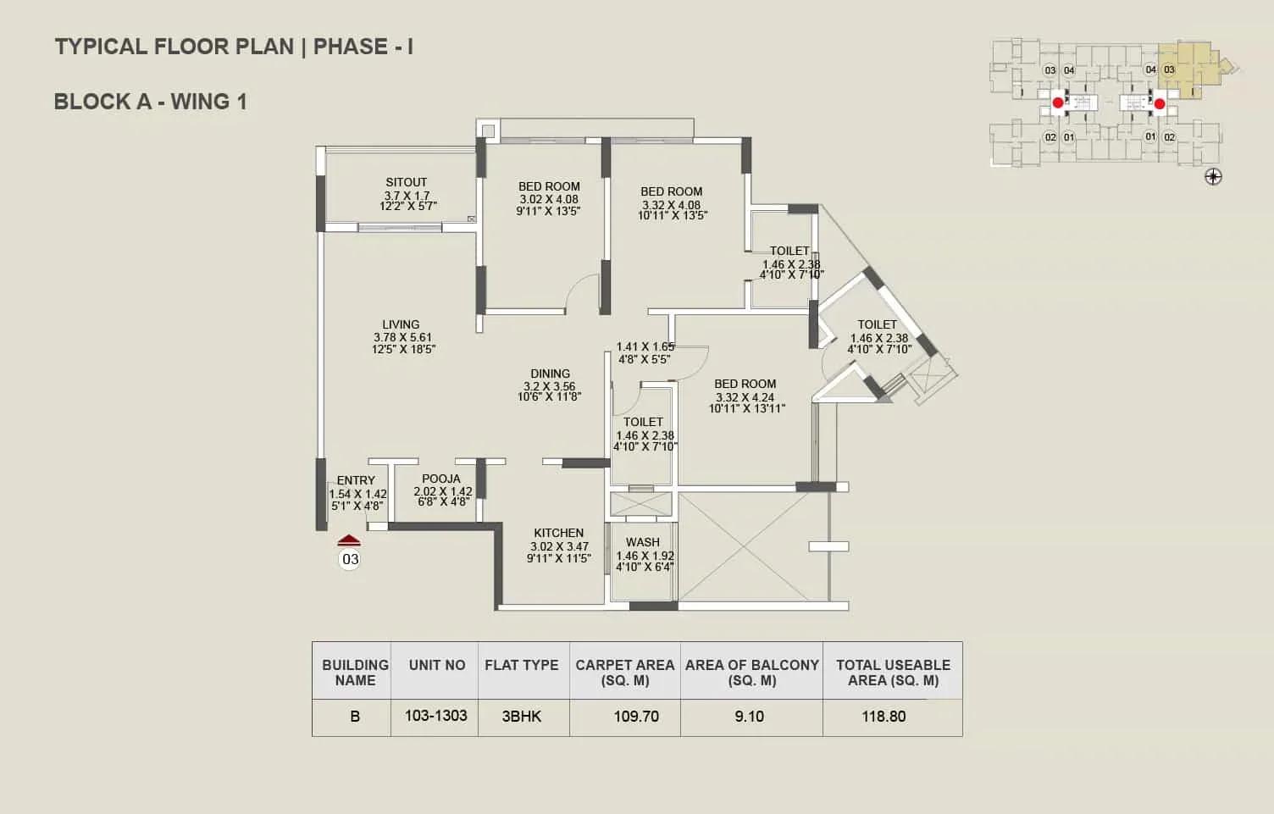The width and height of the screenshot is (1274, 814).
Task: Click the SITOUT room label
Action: pos(406,183)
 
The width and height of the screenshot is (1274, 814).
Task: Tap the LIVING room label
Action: pos(401,324)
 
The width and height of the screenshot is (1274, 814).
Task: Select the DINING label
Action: pos(550,374)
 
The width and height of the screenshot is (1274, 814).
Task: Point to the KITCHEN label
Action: pos(558,533)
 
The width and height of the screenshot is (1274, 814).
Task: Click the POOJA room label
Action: pos(441,479)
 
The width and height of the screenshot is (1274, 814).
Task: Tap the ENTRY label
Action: pos(356,480)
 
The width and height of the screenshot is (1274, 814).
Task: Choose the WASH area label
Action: pos(643,542)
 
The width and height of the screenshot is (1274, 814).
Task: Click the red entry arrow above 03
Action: pos(349,540)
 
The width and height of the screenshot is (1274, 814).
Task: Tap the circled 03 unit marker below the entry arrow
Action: pos(350,559)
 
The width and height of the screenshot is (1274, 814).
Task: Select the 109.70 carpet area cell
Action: pos(636,716)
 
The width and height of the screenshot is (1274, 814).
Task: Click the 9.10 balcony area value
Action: pos(749,716)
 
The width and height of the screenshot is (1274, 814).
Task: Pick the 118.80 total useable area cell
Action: pos(883,716)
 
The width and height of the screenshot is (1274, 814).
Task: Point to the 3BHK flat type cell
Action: pos(522,716)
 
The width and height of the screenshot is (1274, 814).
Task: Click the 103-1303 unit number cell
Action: pos(435,716)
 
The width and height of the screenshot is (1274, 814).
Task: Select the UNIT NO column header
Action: pos(437,665)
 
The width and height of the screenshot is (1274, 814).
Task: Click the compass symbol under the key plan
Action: pos(1213,177)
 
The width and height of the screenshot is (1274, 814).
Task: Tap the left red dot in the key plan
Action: pos(1058,103)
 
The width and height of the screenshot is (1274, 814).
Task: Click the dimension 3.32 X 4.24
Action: pos(745,397)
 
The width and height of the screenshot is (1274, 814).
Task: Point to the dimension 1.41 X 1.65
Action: pos(645,346)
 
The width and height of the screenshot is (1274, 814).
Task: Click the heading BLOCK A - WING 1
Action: pos(151,102)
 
